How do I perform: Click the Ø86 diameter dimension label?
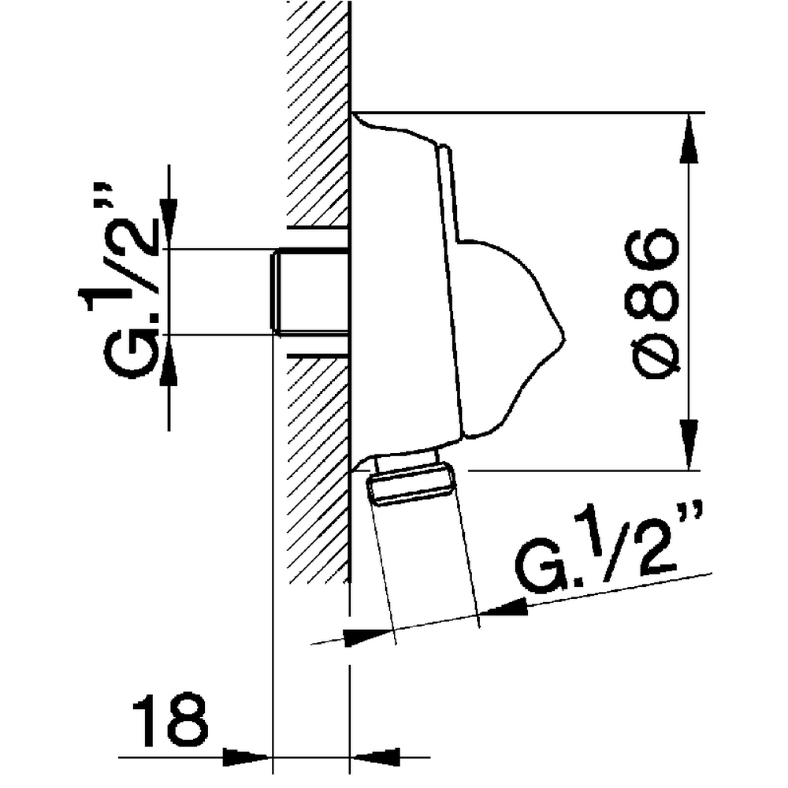pos(651,304)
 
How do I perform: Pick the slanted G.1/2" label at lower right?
pos(609,545)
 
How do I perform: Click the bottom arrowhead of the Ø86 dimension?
pos(689,444)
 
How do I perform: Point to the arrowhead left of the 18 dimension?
pos(247,757)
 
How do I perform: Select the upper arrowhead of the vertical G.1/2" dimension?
pos(169,224)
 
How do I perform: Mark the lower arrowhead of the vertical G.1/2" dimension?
pos(169,360)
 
